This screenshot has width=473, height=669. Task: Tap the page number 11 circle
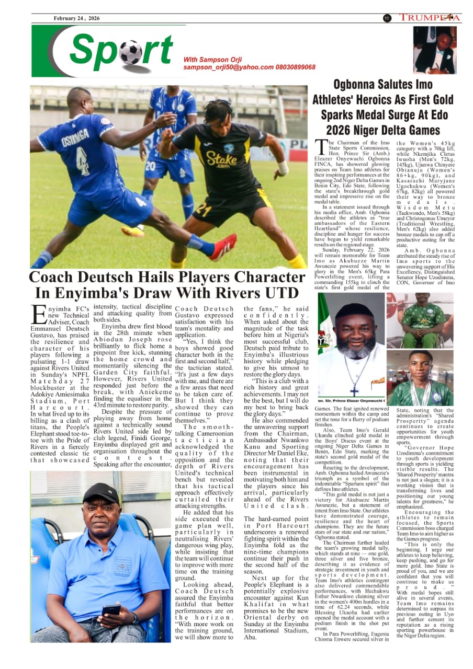(387, 18)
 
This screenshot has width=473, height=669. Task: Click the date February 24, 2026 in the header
(76, 18)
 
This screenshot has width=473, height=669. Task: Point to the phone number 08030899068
(296, 67)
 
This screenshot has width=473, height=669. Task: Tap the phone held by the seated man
(110, 609)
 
